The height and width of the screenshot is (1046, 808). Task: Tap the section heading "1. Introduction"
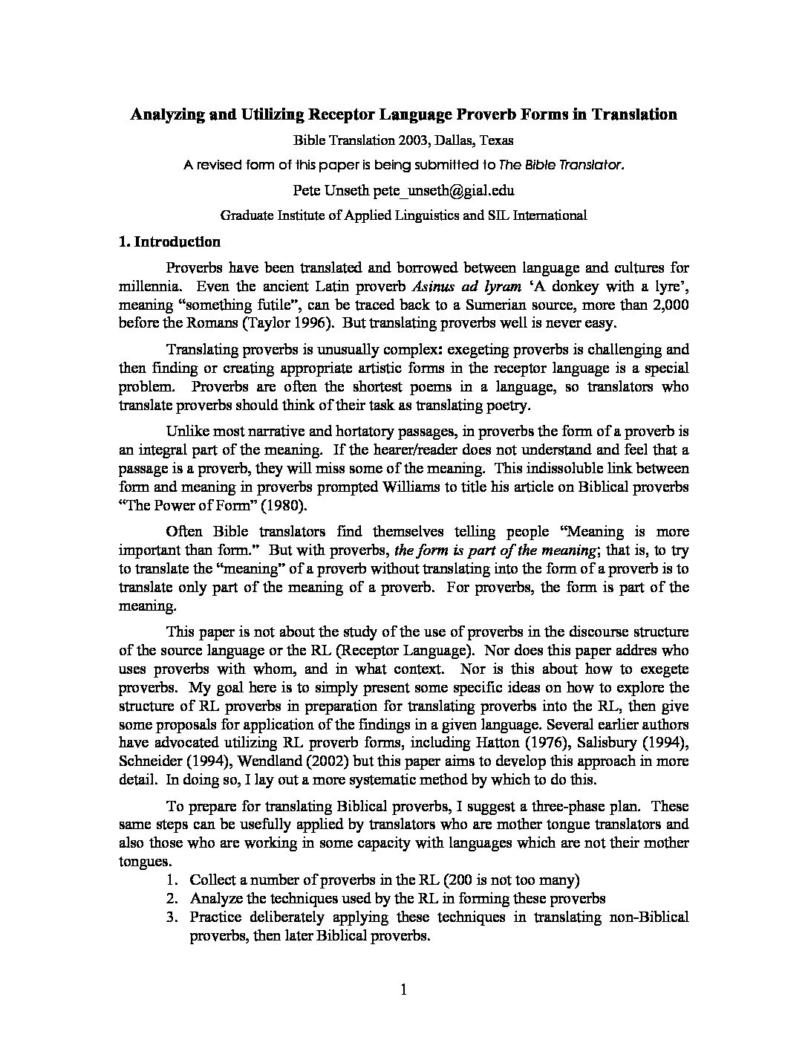(x=170, y=242)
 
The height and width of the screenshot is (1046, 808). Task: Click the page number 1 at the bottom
(x=403, y=989)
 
